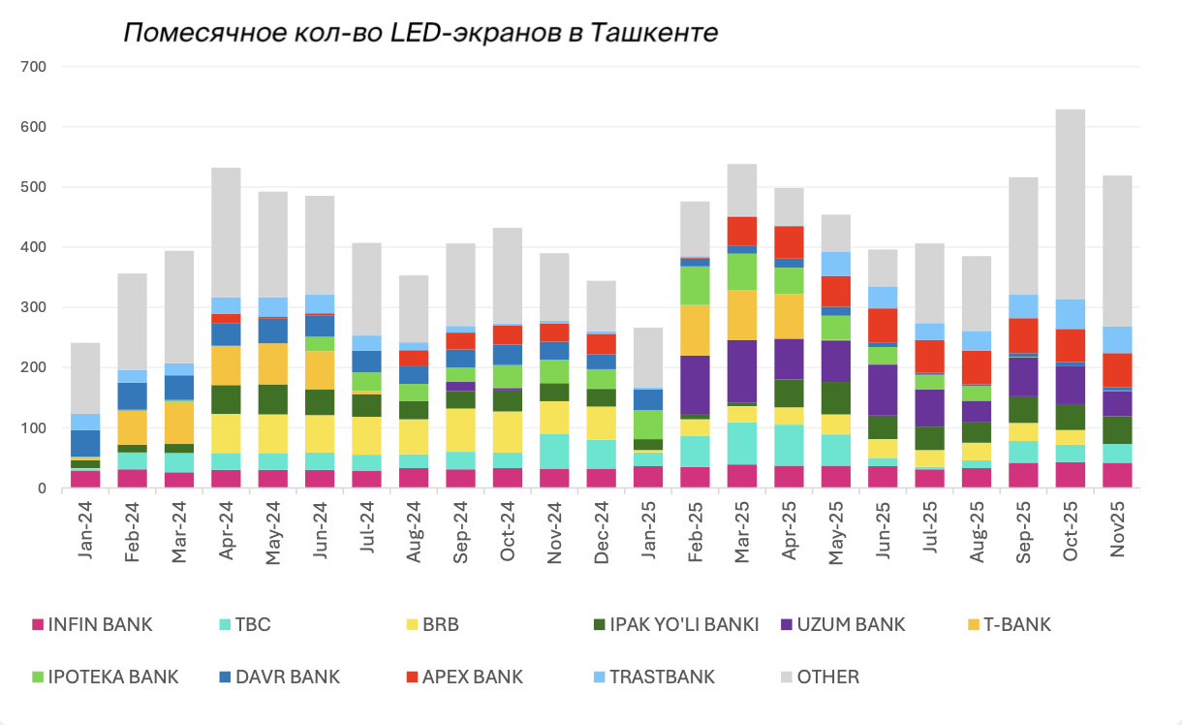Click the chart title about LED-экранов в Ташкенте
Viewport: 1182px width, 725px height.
(x=420, y=33)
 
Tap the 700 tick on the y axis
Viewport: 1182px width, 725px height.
(x=35, y=67)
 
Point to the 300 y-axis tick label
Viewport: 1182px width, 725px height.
(x=35, y=307)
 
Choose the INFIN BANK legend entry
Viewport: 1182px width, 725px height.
(x=100, y=624)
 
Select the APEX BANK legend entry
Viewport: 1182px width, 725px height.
(x=472, y=677)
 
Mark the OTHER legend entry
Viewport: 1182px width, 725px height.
(x=827, y=677)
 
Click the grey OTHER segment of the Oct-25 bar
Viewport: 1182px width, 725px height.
(x=1070, y=204)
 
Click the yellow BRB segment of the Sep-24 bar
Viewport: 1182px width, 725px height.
(x=460, y=429)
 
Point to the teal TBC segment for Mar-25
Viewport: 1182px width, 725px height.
(x=741, y=443)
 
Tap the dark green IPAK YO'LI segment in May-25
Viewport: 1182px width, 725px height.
(x=835, y=397)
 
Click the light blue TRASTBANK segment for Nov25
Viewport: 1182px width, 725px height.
(x=1116, y=339)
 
